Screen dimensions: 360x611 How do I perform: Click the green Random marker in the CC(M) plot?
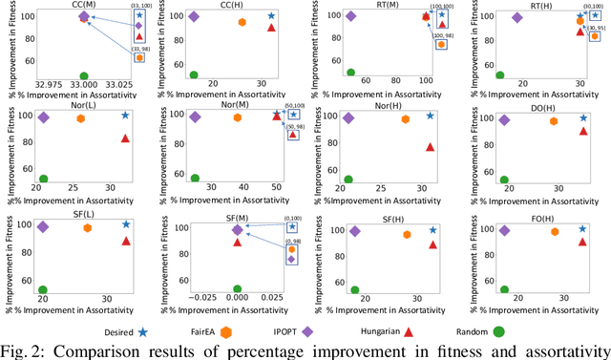click(x=84, y=75)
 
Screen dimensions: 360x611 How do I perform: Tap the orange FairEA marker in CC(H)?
click(x=242, y=22)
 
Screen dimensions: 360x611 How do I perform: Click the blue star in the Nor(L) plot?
click(x=125, y=116)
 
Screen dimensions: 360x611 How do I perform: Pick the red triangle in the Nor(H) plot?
click(x=431, y=147)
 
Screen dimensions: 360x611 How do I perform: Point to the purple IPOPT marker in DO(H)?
click(x=504, y=119)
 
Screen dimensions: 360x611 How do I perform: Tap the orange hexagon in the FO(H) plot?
click(x=555, y=231)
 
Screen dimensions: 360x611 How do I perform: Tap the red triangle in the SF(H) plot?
click(x=432, y=244)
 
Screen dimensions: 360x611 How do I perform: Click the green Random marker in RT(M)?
click(x=350, y=72)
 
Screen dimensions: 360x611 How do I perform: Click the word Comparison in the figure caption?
click(x=121, y=349)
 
